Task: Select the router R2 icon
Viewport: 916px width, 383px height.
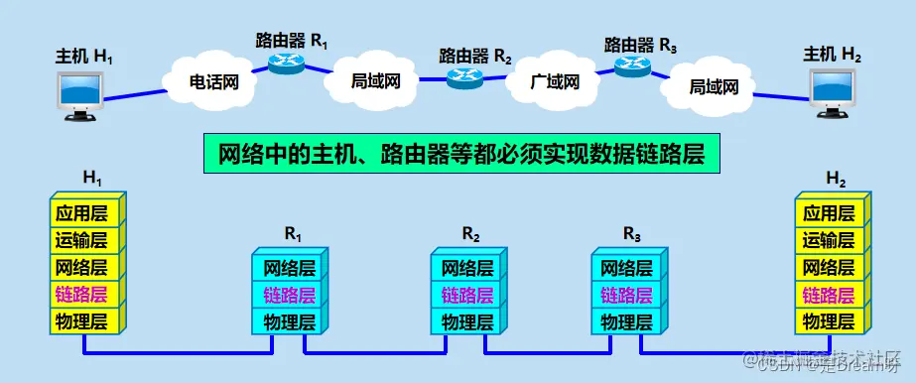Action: (x=464, y=77)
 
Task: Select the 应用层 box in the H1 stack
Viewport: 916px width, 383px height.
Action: (x=84, y=212)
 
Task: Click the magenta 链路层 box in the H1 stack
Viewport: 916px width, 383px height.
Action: (x=84, y=294)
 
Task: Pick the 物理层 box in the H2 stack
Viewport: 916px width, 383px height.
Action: (x=829, y=320)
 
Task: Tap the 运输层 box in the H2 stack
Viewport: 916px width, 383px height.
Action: (x=829, y=239)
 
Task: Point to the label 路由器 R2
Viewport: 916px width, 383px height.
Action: (x=475, y=56)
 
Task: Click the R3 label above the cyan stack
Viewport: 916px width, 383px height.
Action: (x=632, y=233)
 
